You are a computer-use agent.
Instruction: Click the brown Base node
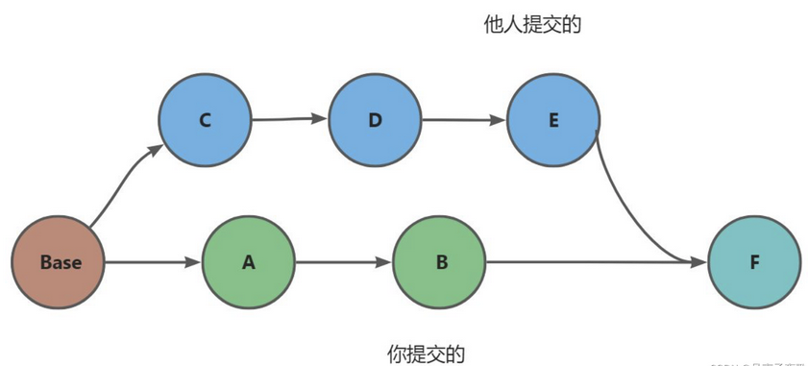[60, 262]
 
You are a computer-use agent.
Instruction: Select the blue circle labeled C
[205, 121]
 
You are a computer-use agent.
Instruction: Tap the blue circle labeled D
[375, 121]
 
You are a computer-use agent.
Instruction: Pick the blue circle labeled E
[553, 121]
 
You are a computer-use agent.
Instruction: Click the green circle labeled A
[249, 262]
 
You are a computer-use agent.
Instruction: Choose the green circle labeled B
[441, 262]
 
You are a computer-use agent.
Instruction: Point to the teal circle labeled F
[754, 262]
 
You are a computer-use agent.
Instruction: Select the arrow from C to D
[288, 120]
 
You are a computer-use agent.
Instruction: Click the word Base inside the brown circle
[60, 262]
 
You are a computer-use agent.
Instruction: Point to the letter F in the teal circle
[754, 262]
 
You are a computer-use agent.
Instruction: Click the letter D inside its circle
[375, 121]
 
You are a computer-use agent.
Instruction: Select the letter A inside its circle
[249, 262]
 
